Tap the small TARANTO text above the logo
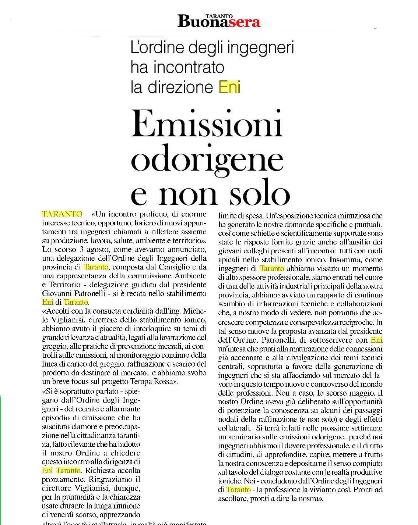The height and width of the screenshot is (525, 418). tap(219, 16)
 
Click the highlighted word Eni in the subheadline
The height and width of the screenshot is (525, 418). tap(229, 87)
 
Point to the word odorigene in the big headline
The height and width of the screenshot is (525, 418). tap(207, 160)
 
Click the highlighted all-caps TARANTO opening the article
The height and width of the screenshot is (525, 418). tap(62, 214)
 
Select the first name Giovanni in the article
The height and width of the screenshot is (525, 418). tap(57, 293)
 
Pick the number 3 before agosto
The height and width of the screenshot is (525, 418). tap(81, 249)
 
